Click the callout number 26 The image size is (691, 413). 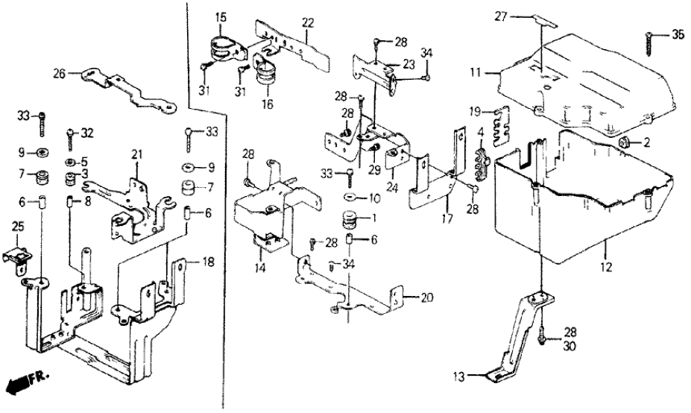[59, 73]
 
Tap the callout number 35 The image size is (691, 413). [676, 34]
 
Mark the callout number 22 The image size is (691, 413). [308, 23]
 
